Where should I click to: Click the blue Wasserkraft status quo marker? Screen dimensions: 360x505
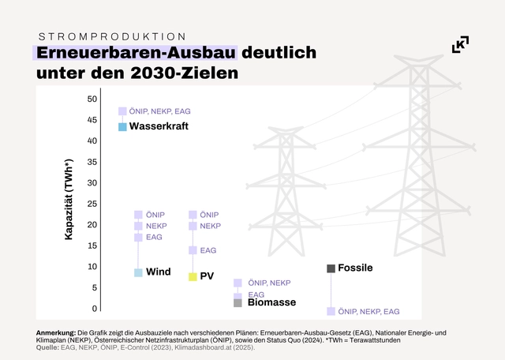pyautogui.click(x=122, y=126)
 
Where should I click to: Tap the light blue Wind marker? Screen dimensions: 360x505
pyautogui.click(x=138, y=272)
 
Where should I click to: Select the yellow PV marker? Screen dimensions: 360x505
pyautogui.click(x=192, y=276)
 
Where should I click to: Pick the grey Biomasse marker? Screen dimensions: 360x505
pyautogui.click(x=238, y=302)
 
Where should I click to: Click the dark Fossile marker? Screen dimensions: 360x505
pyautogui.click(x=331, y=268)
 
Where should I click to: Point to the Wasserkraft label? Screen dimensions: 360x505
pyautogui.click(x=159, y=126)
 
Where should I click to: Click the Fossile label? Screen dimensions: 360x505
pyautogui.click(x=355, y=268)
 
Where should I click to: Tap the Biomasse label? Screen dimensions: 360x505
pyautogui.click(x=271, y=302)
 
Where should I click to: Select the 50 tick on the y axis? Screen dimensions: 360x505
pyautogui.click(x=92, y=99)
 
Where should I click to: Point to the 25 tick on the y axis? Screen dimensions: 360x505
pyautogui.click(x=92, y=204)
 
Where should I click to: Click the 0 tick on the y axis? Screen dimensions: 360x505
pyautogui.click(x=94, y=309)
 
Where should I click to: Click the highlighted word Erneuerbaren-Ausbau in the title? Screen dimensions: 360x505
pyautogui.click(x=136, y=54)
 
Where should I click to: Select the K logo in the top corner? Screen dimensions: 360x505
pyautogui.click(x=460, y=44)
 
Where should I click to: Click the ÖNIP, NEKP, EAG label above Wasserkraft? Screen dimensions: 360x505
pyautogui.click(x=160, y=111)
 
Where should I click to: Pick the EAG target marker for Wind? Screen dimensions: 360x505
pyautogui.click(x=138, y=237)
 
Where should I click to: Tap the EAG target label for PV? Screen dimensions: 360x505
pyautogui.click(x=208, y=250)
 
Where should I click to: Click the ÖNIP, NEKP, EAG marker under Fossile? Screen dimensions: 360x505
pyautogui.click(x=331, y=311)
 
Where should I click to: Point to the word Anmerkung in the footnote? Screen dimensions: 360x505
pyautogui.click(x=56, y=332)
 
